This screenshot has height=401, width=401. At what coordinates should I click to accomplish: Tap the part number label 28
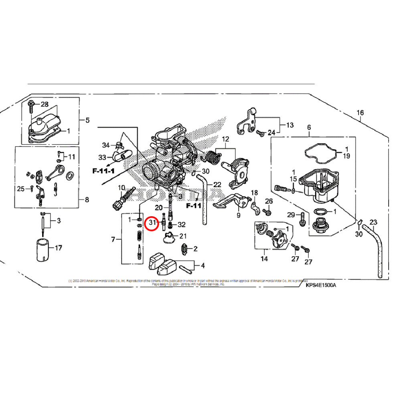click(45, 104)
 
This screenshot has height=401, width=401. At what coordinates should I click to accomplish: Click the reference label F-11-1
click(103, 170)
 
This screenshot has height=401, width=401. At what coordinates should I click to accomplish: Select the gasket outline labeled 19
click(320, 152)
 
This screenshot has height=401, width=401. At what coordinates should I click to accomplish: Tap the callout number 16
click(360, 113)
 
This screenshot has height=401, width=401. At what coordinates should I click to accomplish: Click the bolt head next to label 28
click(32, 105)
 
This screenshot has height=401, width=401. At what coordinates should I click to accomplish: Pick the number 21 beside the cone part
click(182, 236)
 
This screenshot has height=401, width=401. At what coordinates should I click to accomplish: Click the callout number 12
click(225, 139)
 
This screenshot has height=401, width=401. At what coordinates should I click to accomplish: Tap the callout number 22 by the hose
click(217, 184)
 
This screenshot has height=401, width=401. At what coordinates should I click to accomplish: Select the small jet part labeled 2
click(185, 249)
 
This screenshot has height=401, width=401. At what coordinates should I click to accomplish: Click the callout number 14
click(264, 259)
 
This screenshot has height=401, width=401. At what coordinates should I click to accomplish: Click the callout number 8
click(87, 200)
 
